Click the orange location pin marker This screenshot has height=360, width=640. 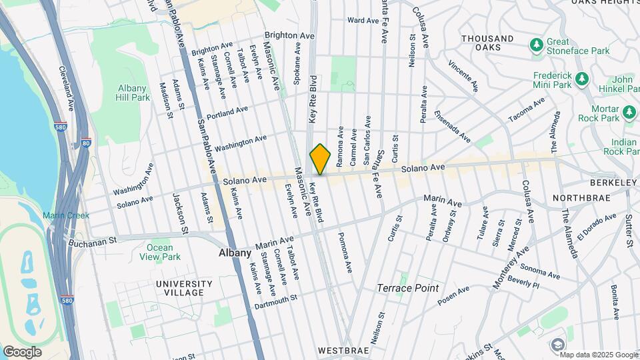321,159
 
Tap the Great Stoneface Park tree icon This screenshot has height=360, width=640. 536,45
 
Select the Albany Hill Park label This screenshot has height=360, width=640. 133,93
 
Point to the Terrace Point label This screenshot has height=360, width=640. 408,288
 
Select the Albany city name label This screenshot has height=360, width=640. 235,253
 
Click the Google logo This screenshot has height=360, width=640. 22,352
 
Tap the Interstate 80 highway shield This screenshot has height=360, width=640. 85,142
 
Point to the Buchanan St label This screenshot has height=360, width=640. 95,238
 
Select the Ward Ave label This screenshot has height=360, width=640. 363,21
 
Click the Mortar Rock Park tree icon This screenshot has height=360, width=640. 629,112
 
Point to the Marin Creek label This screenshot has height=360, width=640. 66,215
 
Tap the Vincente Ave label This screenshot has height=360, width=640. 463,75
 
